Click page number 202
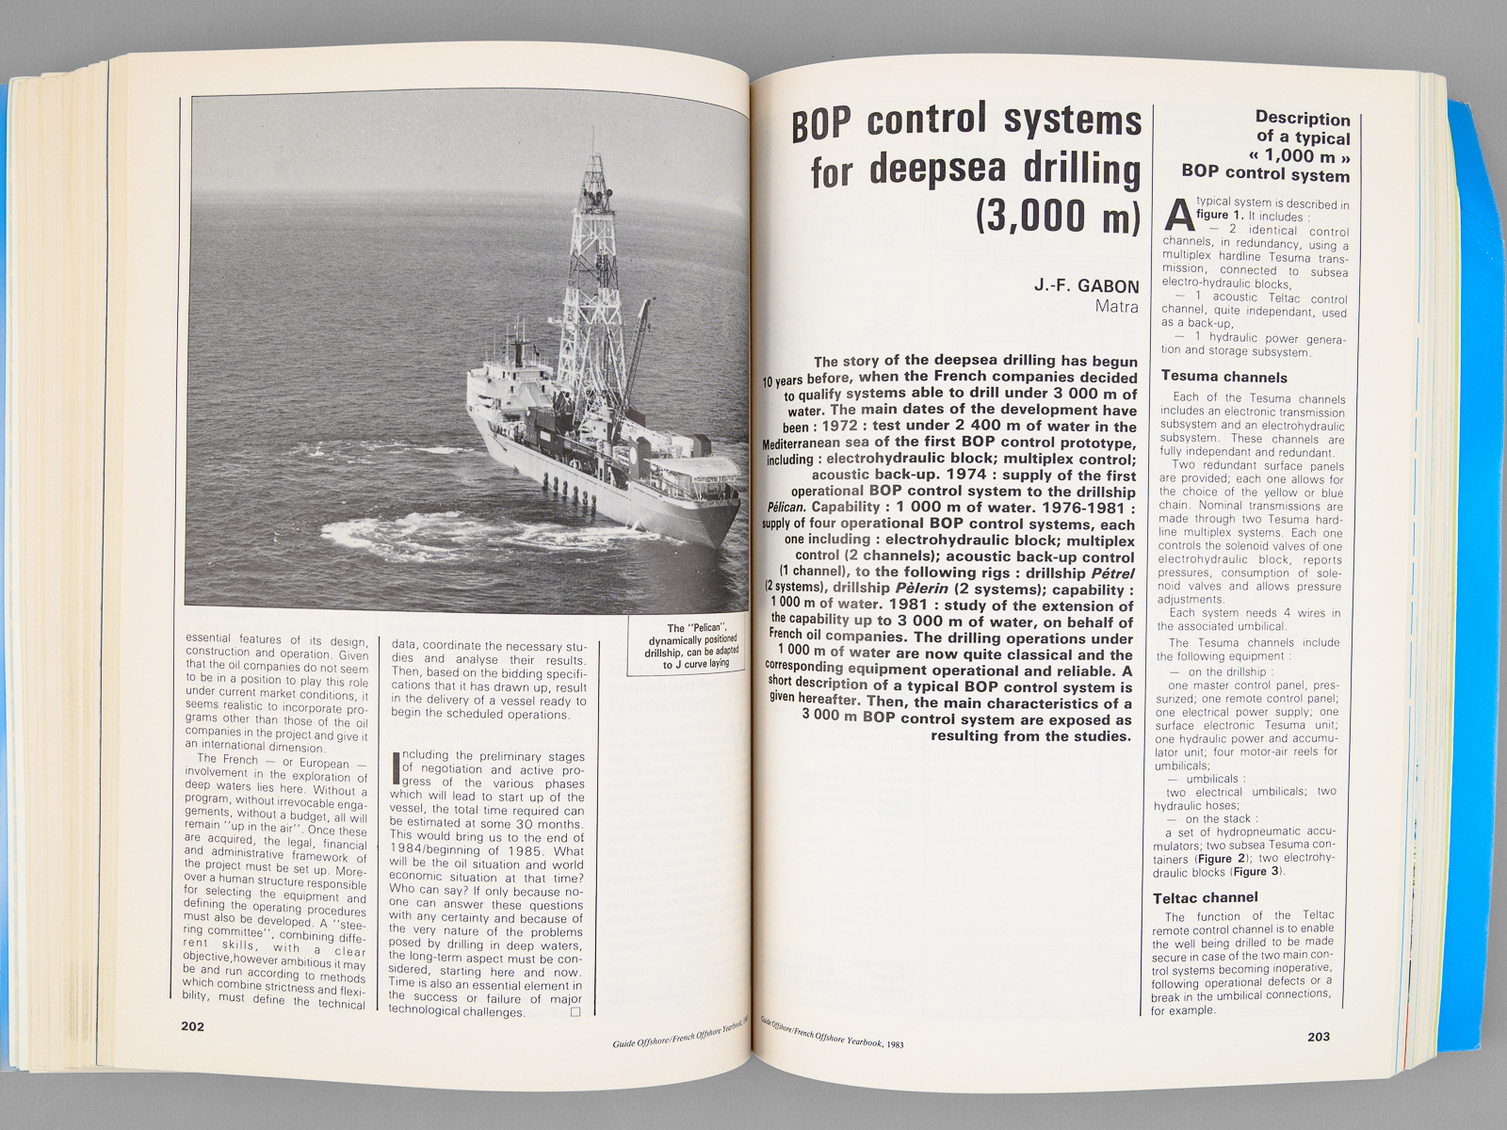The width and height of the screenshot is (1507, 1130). (x=192, y=1026)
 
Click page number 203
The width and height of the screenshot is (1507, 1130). (x=1318, y=1037)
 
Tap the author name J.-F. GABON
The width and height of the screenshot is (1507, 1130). (x=1086, y=286)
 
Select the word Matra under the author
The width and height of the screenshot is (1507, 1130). (x=1116, y=306)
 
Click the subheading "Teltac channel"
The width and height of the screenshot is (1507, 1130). (x=1207, y=898)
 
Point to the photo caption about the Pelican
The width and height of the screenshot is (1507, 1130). (x=691, y=646)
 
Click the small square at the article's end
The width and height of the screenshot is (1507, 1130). (x=575, y=1012)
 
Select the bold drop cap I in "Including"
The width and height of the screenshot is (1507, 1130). (x=395, y=767)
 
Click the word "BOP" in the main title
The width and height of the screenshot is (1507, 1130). (x=822, y=125)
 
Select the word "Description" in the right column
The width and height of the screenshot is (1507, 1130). (x=1303, y=119)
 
